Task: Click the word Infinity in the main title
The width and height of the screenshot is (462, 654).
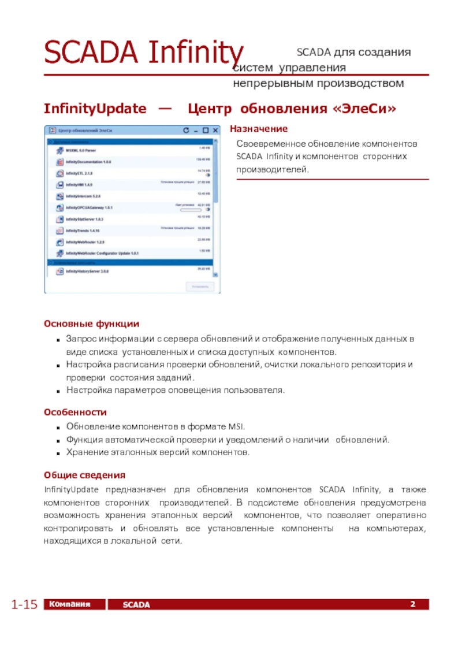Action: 196,53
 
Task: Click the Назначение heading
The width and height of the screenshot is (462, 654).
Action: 259,129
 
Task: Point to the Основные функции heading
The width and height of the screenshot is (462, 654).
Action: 91,324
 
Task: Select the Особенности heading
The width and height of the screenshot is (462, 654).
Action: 75,413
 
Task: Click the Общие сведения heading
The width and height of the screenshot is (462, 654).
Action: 84,475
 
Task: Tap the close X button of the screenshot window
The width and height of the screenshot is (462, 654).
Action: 214,131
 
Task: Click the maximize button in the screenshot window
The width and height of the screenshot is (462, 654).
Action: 206,131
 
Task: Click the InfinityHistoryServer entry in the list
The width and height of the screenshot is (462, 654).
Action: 88,271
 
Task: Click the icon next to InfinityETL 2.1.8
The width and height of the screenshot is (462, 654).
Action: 59,173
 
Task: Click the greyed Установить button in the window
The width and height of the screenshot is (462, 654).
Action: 200,286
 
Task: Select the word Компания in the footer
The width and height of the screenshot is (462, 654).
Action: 70,604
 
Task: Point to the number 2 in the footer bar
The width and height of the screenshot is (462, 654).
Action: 413,604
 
